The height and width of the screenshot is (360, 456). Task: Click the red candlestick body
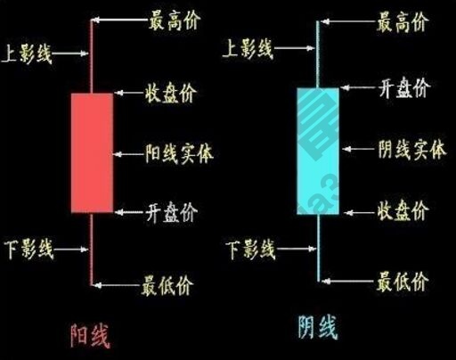[x=92, y=151]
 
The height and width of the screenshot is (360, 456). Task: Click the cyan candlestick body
[x=318, y=151]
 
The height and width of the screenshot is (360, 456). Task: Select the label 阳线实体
[x=179, y=151]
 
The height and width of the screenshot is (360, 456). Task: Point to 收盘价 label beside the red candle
[x=170, y=93]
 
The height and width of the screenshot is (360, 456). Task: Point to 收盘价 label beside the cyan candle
[x=403, y=212]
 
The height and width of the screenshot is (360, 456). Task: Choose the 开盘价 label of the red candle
[x=172, y=213]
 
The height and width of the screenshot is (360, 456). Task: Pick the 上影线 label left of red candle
[x=28, y=54]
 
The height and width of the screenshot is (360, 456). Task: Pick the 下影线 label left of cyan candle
[x=249, y=249]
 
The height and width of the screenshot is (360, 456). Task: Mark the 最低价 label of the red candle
[x=167, y=286]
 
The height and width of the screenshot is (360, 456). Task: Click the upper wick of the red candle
[x=92, y=53]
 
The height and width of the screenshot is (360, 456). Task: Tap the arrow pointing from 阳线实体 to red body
[x=128, y=152]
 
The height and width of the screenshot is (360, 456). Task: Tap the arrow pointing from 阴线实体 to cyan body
[x=356, y=151]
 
